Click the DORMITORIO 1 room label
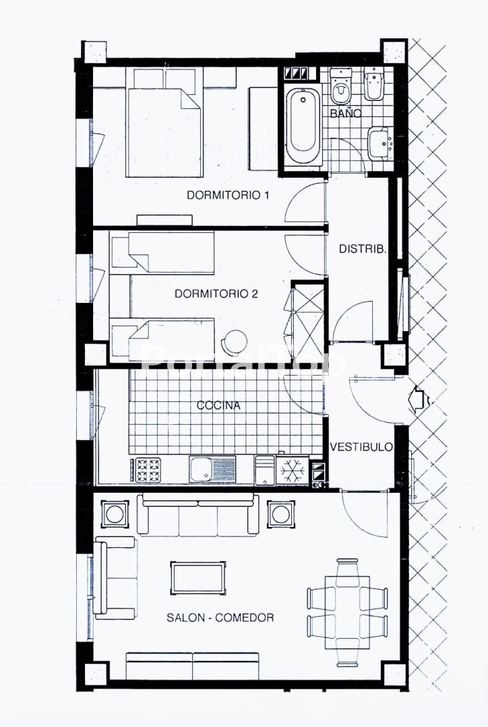(x=228, y=195)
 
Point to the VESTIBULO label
(x=361, y=447)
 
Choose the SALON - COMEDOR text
(x=220, y=617)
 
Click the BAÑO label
(x=346, y=114)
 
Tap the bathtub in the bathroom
(x=303, y=125)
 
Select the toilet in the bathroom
(x=340, y=87)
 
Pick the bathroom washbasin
(x=379, y=144)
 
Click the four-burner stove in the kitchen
(x=148, y=470)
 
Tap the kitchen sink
(x=212, y=469)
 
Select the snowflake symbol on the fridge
(x=293, y=470)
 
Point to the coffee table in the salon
(x=198, y=578)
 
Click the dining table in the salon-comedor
(x=348, y=613)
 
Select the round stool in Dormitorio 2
(x=234, y=343)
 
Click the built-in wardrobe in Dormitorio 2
(x=308, y=320)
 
